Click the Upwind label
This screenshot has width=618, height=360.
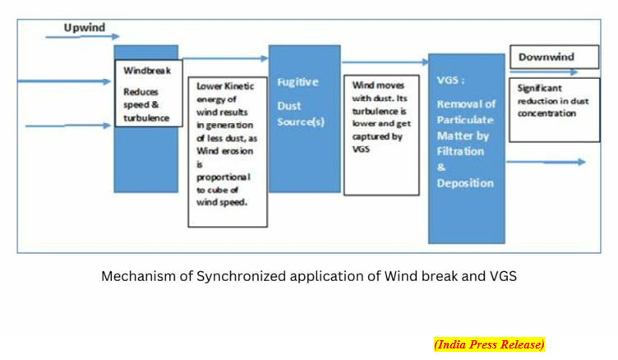85,28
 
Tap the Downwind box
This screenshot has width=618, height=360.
554,57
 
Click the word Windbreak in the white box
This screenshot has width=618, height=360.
147,71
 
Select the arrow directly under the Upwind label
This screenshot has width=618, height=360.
82,37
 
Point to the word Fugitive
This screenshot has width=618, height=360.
298,82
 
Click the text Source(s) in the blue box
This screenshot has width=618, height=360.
301,122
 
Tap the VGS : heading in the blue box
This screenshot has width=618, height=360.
450,80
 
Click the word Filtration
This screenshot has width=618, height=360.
460,151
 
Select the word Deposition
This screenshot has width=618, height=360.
465,183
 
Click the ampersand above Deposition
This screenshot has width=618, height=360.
441,167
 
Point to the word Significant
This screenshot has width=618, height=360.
540,88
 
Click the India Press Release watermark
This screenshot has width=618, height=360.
489,344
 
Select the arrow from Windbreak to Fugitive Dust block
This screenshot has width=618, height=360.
226,58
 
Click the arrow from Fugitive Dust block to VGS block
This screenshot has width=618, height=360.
385,62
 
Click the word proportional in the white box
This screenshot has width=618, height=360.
224,178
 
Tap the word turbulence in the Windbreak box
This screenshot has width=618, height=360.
146,118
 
